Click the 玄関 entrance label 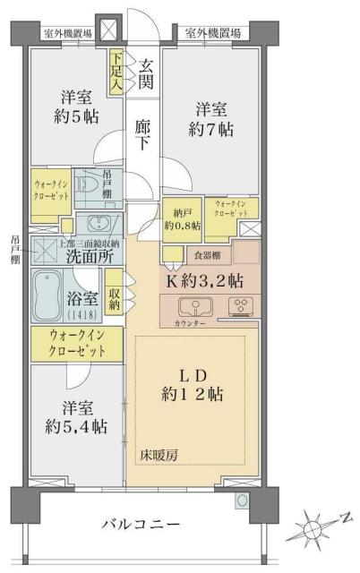145,75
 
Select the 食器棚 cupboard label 186,254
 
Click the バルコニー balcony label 142,523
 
